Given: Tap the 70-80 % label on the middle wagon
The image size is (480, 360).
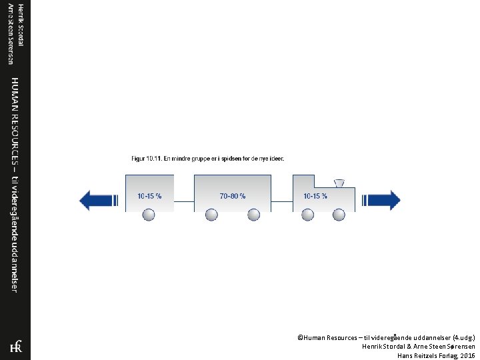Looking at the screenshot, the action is [x=233, y=196].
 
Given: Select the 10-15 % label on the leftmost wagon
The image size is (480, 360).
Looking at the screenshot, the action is [x=149, y=196].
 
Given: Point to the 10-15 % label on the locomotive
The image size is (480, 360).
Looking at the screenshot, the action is [x=315, y=196].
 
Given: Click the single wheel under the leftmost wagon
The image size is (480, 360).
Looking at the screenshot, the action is [x=149, y=215].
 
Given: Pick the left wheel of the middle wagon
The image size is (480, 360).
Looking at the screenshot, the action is [x=211, y=215].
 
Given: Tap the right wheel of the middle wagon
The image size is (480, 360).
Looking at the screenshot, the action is [x=253, y=215].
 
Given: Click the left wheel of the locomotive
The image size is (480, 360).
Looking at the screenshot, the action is [x=307, y=215].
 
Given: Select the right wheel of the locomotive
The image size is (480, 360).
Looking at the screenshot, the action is [x=339, y=215].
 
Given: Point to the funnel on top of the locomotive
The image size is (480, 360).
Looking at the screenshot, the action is [x=339, y=183].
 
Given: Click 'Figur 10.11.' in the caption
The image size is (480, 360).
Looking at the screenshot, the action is [x=145, y=159].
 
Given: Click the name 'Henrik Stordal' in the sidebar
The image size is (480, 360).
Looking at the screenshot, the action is [x=21, y=25].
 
